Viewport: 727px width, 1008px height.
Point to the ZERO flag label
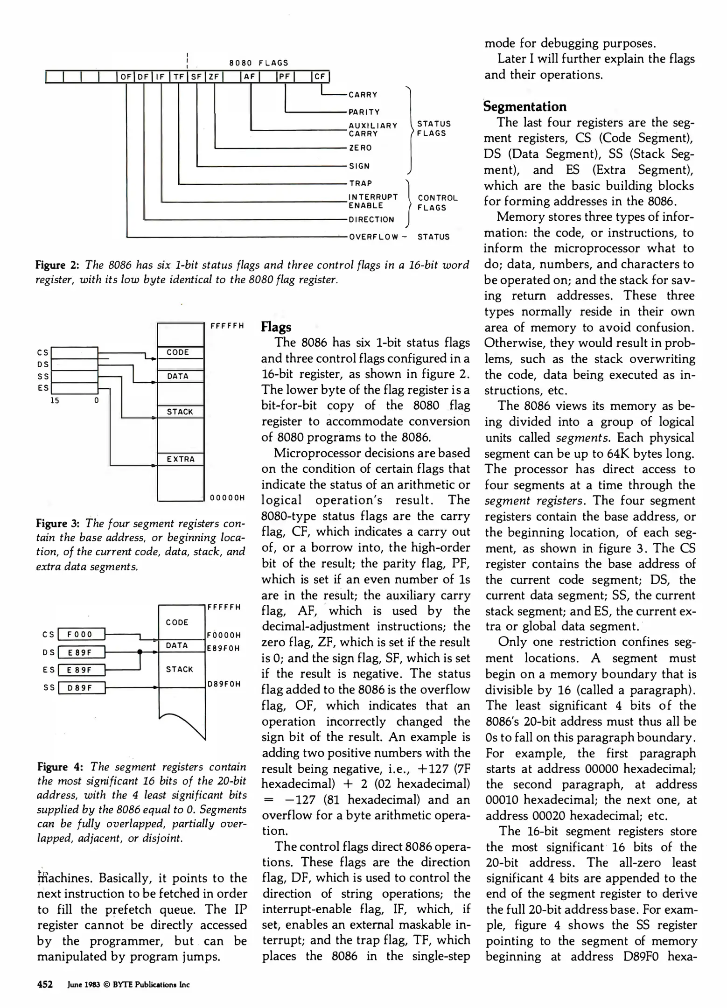(x=360, y=148)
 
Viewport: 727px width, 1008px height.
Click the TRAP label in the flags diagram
(x=361, y=183)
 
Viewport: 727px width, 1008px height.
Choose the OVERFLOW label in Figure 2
(x=374, y=237)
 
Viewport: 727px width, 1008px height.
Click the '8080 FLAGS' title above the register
(x=259, y=63)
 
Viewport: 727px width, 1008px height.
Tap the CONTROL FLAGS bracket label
(x=437, y=203)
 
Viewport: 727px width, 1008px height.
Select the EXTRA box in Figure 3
(x=181, y=459)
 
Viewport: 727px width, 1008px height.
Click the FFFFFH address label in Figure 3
(x=227, y=326)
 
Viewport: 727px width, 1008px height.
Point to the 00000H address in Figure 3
(x=227, y=497)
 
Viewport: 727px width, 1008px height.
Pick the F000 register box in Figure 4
(x=81, y=634)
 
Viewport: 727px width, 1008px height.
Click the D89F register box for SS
(x=81, y=688)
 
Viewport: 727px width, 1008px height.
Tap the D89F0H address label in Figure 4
(x=224, y=684)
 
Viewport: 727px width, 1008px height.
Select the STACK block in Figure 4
(x=179, y=669)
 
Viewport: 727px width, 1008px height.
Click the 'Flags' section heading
(x=276, y=327)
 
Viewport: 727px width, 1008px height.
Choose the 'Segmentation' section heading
(x=525, y=107)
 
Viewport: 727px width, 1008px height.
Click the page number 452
(x=45, y=985)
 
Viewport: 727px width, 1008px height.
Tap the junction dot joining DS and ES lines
(x=140, y=652)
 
